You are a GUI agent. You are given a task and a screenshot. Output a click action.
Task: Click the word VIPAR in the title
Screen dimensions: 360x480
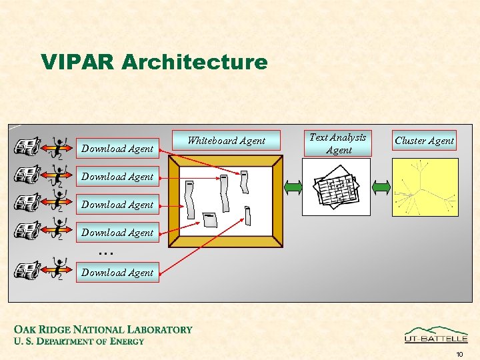78,62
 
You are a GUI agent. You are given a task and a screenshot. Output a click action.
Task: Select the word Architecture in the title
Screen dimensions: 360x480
195,62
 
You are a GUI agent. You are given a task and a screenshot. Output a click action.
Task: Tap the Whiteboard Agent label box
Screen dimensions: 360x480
227,141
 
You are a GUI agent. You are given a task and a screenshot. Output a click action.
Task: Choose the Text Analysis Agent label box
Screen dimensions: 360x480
338,143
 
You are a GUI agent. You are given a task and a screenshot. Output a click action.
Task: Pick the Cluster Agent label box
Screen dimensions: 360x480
424,140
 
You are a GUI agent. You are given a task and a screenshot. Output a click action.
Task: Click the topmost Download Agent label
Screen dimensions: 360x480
117,149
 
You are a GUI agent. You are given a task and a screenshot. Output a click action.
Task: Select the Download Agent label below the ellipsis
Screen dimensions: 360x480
117,272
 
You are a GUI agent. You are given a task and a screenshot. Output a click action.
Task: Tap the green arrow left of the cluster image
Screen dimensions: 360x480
381,187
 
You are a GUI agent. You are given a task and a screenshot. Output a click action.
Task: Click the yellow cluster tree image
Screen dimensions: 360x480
425,187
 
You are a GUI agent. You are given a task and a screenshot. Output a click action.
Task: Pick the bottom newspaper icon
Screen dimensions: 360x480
27,270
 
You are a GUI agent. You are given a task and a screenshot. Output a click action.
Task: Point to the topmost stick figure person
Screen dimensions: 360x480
59,147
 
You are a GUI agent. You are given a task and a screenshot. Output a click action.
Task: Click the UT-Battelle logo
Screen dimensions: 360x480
436,335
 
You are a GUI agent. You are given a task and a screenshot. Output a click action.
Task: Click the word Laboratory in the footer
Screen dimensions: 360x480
159,329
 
